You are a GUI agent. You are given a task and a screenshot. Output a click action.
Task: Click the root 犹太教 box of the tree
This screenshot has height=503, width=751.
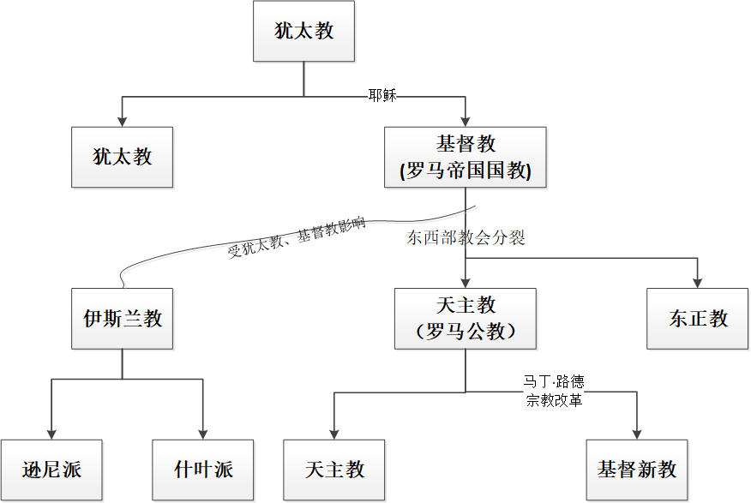[x=303, y=31]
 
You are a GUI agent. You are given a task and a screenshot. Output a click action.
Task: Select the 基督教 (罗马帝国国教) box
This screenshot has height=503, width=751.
[x=465, y=157]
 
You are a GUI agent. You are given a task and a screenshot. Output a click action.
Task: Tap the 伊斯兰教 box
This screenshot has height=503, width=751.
[x=122, y=318]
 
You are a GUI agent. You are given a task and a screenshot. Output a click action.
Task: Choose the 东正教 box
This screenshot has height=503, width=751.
[x=697, y=318]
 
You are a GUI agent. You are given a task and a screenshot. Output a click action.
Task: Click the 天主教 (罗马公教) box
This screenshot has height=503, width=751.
[x=465, y=318]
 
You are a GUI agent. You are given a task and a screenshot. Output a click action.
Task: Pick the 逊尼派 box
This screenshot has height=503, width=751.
[x=51, y=470]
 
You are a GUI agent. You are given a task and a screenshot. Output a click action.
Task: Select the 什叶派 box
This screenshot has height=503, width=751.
[x=203, y=470]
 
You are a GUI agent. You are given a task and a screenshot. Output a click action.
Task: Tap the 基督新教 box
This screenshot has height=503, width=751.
[x=637, y=470]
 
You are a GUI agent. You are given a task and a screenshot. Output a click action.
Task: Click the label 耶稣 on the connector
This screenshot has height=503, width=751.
[x=382, y=95]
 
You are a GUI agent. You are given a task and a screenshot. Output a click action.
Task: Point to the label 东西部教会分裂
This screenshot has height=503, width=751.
[x=466, y=237]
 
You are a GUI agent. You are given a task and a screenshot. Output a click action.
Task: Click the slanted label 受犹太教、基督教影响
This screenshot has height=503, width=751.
[x=297, y=237]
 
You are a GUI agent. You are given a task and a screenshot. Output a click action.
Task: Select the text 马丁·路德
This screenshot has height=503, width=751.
[x=554, y=381]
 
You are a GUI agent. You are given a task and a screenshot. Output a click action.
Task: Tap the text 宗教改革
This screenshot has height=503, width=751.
[x=554, y=399]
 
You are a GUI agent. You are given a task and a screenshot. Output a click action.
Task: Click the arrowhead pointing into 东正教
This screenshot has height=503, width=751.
[x=697, y=283]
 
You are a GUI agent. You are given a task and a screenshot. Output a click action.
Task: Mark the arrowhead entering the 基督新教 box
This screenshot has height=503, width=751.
[x=637, y=434]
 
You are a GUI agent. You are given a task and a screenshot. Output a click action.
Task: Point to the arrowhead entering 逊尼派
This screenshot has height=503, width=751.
[x=51, y=434]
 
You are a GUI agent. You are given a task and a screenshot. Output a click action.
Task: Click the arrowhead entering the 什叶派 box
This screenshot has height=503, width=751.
[x=203, y=434]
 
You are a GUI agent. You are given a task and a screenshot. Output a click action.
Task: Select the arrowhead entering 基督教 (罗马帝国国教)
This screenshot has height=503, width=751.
[x=465, y=122]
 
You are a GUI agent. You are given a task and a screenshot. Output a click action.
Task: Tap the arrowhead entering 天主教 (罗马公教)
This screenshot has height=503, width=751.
[x=465, y=283]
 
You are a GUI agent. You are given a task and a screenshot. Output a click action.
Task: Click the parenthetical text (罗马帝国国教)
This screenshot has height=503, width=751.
[x=466, y=171]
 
